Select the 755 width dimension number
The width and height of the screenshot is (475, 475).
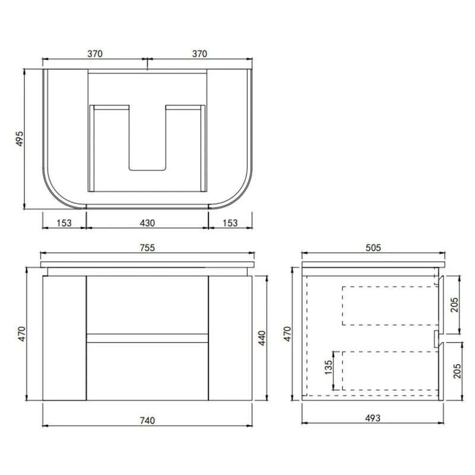pyautogui.click(x=147, y=248)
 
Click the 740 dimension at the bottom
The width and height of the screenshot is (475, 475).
pyautogui.click(x=147, y=420)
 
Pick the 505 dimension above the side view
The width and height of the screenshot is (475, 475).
pyautogui.click(x=372, y=248)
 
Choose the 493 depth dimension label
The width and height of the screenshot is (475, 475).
pyautogui.click(x=372, y=419)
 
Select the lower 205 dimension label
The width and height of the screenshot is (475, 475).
pyautogui.click(x=463, y=371)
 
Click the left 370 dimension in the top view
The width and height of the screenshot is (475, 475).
pyautogui.click(x=95, y=53)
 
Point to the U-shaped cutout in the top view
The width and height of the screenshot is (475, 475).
pyautogui.click(x=147, y=142)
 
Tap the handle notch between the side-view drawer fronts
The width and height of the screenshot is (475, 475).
pyautogui.click(x=437, y=338)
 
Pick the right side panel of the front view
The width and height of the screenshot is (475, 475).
pyautogui.click(x=230, y=338)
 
